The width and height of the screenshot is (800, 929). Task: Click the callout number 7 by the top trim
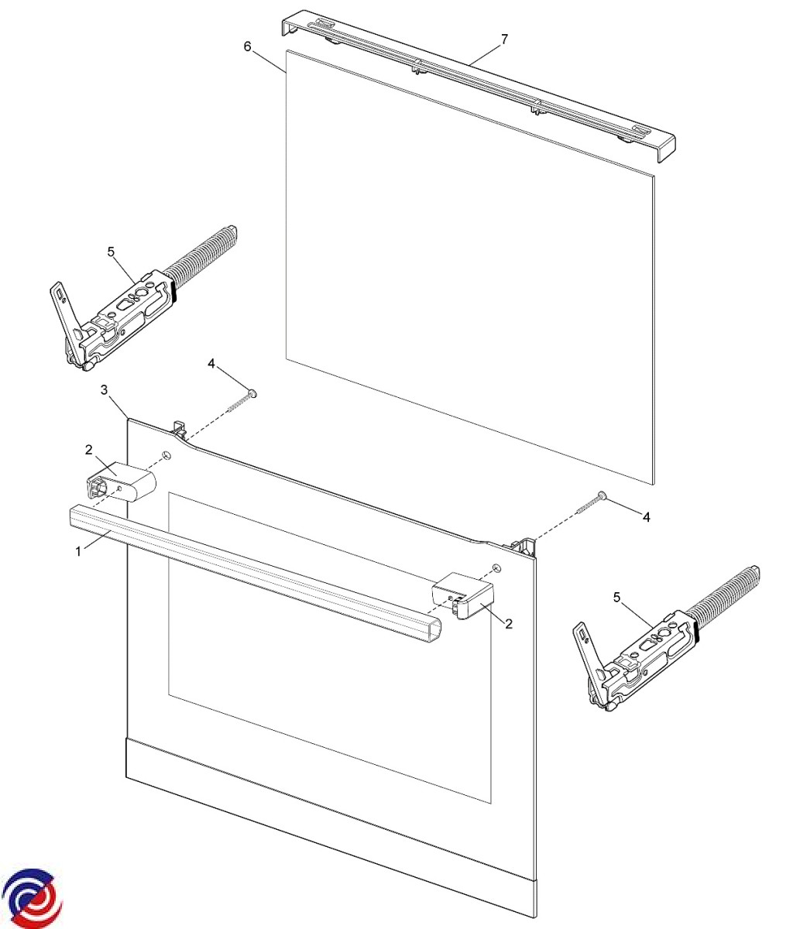pos(504,39)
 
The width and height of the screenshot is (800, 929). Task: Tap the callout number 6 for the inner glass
pos(248,46)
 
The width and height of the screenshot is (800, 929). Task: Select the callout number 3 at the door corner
pos(105,390)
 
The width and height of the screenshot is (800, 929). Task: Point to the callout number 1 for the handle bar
pos(79,551)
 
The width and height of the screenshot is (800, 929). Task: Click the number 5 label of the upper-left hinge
pos(111,252)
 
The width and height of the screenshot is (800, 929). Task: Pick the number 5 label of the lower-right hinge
pos(616,598)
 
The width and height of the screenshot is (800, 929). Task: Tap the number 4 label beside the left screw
pos(211,363)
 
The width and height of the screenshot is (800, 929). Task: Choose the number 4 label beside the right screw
pos(646,517)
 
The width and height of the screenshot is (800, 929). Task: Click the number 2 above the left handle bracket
pos(89,450)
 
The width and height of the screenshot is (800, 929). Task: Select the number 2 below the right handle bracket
pos(509,624)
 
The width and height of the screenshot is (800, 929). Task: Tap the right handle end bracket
pos(463,595)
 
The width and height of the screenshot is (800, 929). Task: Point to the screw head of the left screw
pos(252,394)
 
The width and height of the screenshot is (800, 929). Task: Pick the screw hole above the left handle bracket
pos(167,455)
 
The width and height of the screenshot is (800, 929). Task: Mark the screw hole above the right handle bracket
pos(496,567)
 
